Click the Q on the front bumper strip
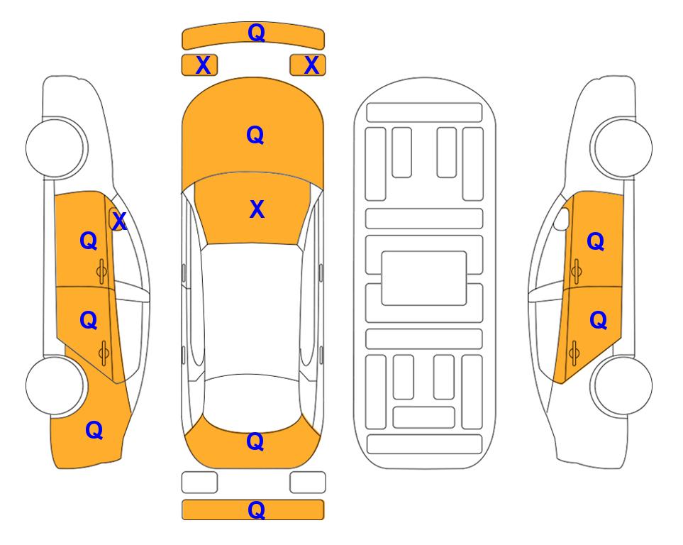tap(256, 33)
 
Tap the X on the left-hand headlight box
tap(203, 65)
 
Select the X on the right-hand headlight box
tap(311, 65)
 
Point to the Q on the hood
tap(255, 135)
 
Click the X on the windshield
tap(257, 209)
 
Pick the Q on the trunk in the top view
tap(255, 441)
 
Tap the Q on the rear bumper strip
tap(256, 510)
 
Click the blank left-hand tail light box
tap(199, 483)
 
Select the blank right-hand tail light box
tap(308, 483)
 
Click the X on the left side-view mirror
tap(119, 221)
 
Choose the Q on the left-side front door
tap(89, 241)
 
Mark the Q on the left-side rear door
tap(89, 320)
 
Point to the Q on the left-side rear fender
tap(94, 430)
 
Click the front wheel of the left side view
tap(55, 148)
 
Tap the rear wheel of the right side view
tap(623, 386)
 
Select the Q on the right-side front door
tap(596, 241)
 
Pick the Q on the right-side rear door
tap(599, 321)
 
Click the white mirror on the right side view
tap(562, 219)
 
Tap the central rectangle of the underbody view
tap(424, 278)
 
